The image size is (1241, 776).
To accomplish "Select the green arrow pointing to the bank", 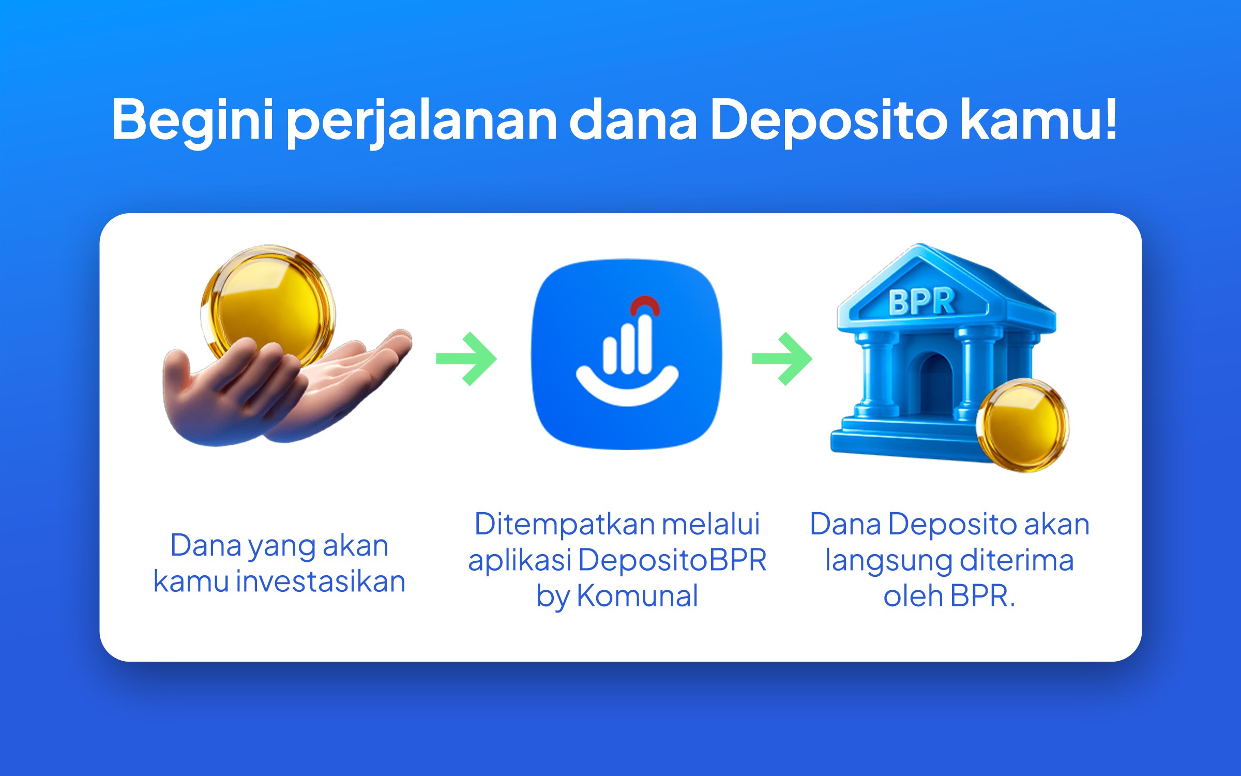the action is pyautogui.click(x=782, y=359).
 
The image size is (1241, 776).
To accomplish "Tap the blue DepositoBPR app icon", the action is pyautogui.click(x=627, y=354).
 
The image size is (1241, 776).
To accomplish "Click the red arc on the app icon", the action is pyautogui.click(x=645, y=305).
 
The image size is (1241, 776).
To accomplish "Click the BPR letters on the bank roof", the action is pyautogui.click(x=921, y=302).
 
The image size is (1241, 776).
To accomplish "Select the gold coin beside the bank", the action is pyautogui.click(x=1022, y=425).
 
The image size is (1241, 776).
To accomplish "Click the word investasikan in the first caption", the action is pyautogui.click(x=321, y=581).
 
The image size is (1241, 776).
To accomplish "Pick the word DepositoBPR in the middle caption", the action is pyautogui.click(x=672, y=560).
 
